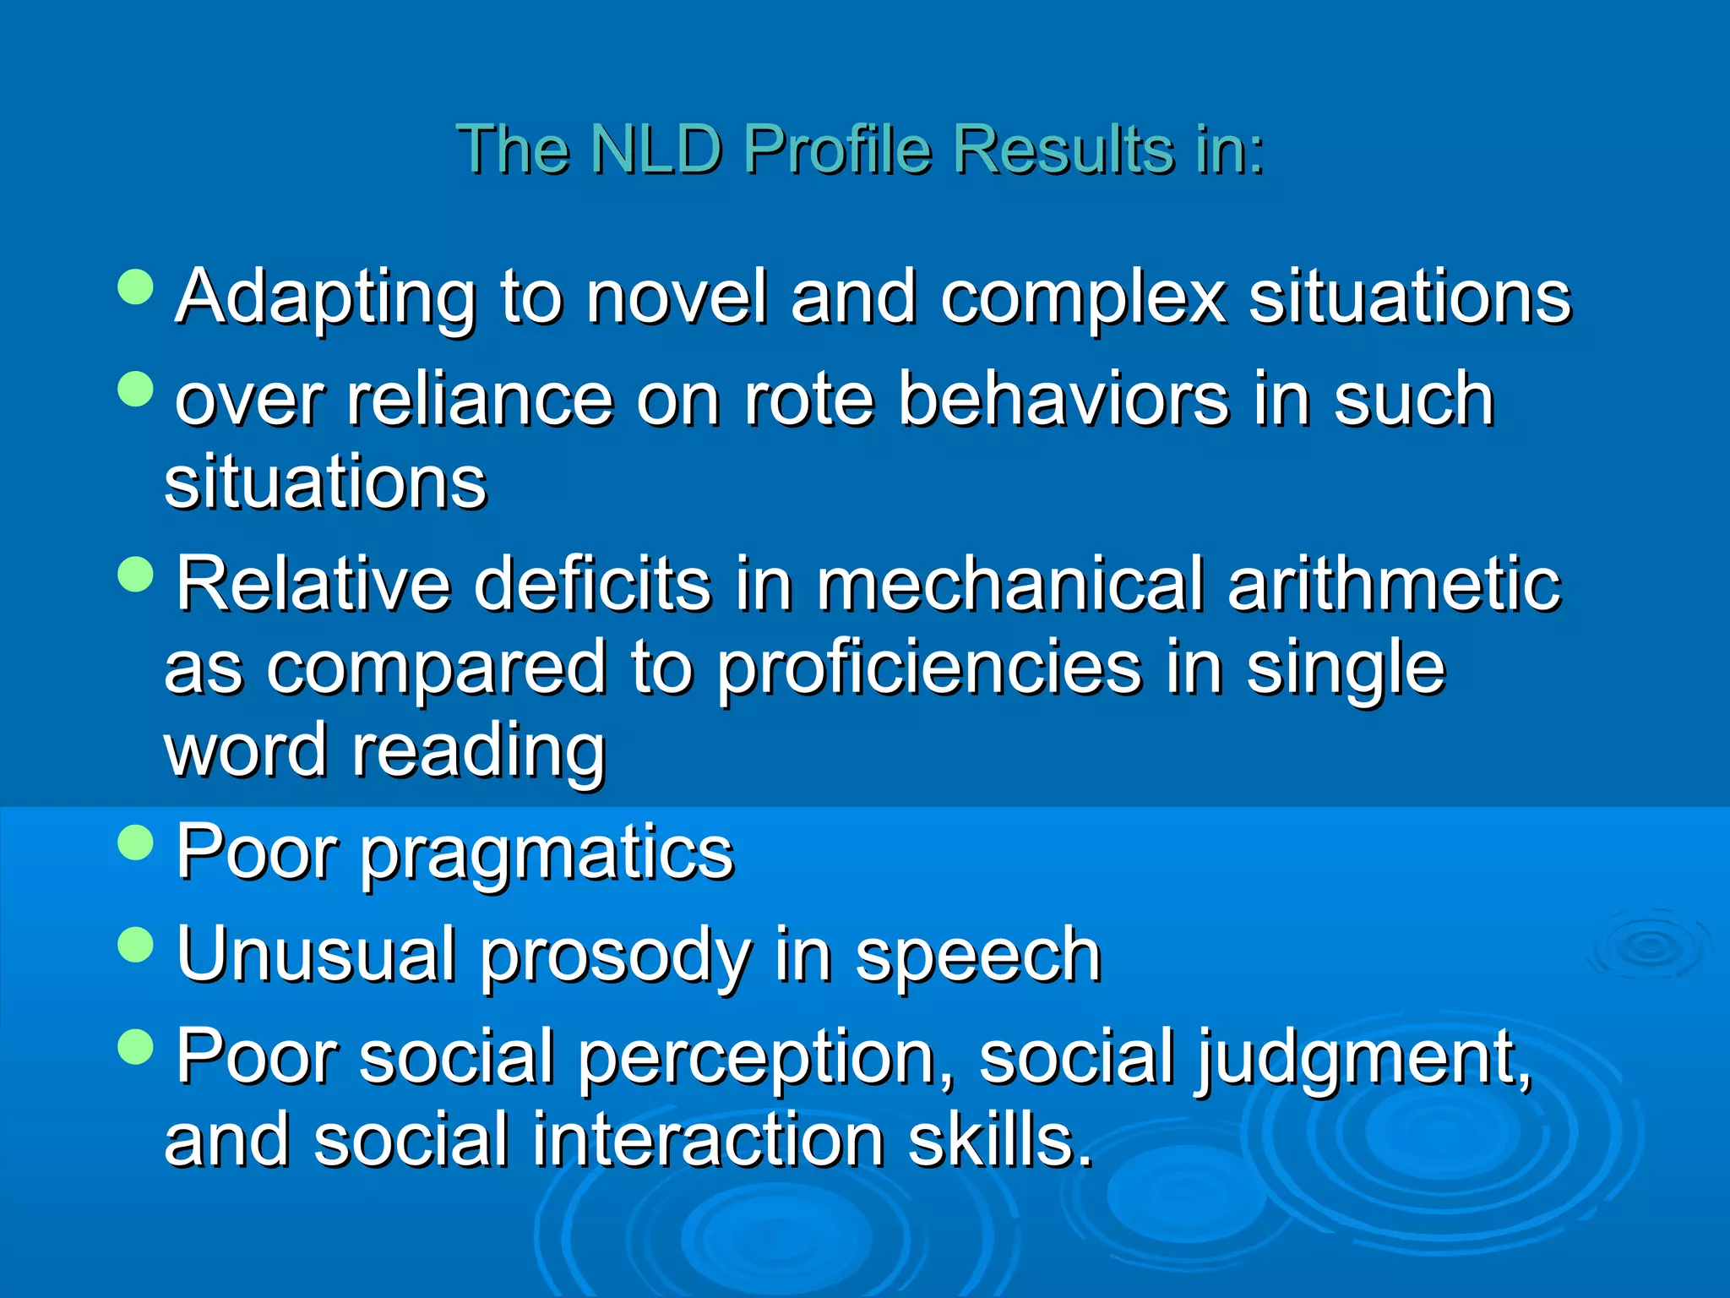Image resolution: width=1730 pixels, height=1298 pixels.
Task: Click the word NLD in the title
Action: click(656, 150)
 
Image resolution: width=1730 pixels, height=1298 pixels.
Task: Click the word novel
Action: click(677, 297)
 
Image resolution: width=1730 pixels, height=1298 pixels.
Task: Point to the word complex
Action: click(1083, 297)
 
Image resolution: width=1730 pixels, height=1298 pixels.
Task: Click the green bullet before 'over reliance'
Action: click(136, 390)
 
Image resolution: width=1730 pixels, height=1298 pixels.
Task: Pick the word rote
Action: click(808, 399)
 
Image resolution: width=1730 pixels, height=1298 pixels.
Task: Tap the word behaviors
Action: click(1063, 399)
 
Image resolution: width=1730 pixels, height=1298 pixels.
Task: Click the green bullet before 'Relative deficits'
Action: click(136, 575)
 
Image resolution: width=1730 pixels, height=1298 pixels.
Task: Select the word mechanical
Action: click(1009, 585)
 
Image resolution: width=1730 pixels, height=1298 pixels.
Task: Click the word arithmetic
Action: click(1394, 585)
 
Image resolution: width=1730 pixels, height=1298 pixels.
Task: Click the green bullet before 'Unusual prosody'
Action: click(136, 944)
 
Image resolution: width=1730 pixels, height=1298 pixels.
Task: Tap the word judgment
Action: click(1362, 1058)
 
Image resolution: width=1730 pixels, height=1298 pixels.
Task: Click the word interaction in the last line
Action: click(708, 1141)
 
